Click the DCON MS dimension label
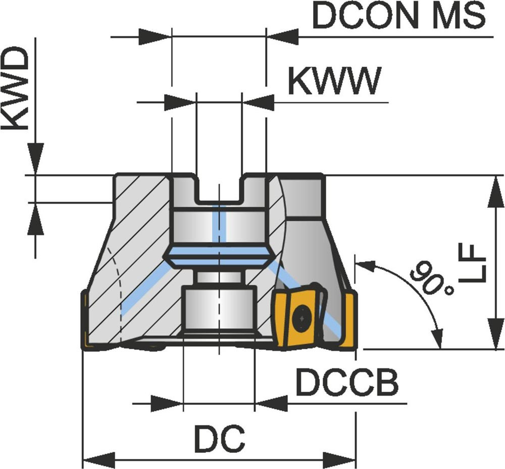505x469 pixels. (399, 17)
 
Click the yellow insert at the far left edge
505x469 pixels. (85, 321)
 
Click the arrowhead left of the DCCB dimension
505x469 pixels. (167, 404)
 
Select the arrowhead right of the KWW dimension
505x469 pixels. (259, 103)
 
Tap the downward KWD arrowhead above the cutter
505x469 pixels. (35, 159)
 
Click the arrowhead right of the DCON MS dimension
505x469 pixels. (282, 37)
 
